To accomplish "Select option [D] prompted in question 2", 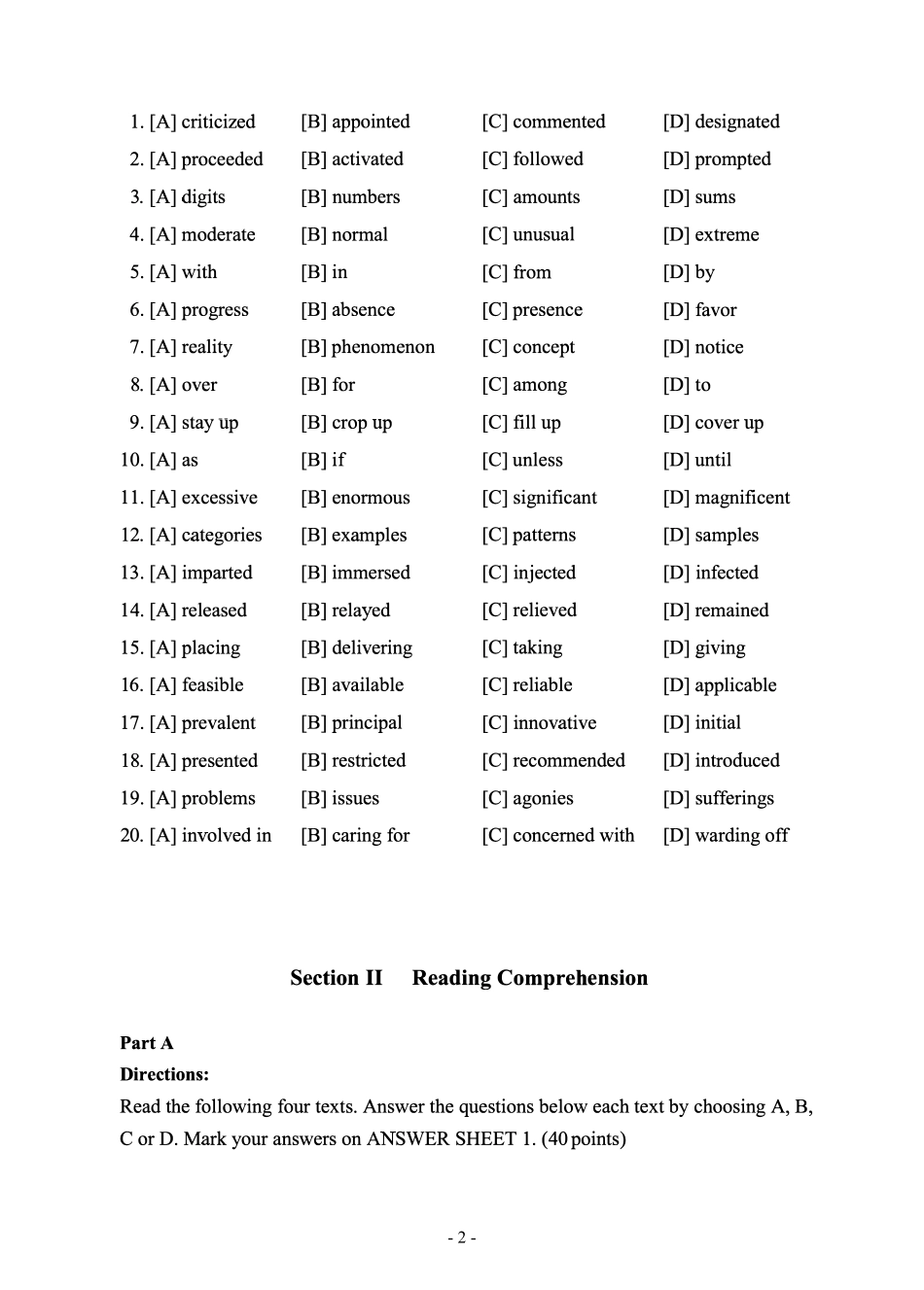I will coord(717,159).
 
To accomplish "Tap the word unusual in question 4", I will coord(543,235).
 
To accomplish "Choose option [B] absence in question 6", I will coord(347,310).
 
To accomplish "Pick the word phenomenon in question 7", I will coord(382,348).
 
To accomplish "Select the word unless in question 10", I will coord(537,460).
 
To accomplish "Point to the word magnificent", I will coord(742,498).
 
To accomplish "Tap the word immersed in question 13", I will coord(371,573).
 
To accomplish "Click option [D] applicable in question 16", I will coord(720,685).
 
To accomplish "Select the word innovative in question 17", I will coord(554,723).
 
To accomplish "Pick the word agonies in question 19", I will coord(543,798).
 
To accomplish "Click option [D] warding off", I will coord(726,836).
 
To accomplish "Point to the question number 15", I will coord(131,648).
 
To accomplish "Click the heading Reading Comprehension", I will coord(529,978).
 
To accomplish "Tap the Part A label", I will coord(147,1043).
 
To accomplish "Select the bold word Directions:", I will coord(164,1074).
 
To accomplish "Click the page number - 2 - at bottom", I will coord(461,1238).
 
